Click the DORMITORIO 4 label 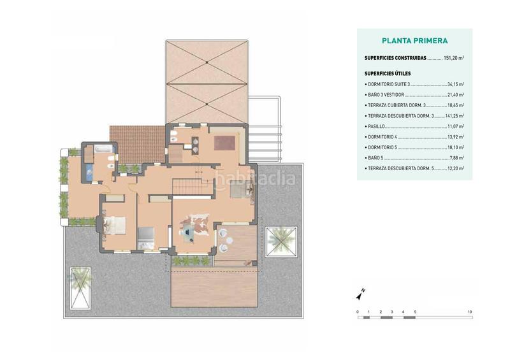click(382, 137)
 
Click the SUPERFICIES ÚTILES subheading click(388, 74)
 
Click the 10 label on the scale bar click(470, 312)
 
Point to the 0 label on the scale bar click(358, 312)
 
